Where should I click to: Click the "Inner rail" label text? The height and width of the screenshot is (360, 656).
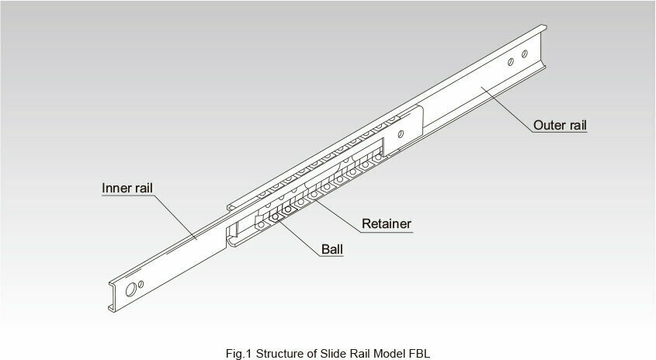(127, 189)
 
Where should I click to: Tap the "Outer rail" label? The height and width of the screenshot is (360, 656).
(560, 125)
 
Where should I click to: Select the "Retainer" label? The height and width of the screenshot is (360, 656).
(387, 223)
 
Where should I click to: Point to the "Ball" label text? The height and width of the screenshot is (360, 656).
(332, 249)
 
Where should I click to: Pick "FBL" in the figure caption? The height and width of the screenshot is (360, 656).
(418, 353)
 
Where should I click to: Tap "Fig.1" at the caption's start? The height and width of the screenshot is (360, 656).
(239, 353)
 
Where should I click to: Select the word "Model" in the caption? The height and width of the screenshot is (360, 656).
(390, 353)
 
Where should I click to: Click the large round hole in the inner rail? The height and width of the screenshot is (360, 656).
(131, 289)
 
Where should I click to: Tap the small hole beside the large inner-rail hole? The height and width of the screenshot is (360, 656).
(141, 284)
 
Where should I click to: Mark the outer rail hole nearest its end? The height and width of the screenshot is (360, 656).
(524, 54)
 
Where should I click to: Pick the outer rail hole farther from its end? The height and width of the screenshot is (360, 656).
(511, 62)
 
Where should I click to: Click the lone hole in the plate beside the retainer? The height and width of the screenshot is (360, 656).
(401, 133)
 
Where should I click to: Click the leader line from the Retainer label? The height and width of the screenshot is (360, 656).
(337, 215)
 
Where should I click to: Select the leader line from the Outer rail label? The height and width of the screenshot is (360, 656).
(508, 109)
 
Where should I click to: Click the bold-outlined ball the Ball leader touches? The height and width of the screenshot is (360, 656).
(275, 216)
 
